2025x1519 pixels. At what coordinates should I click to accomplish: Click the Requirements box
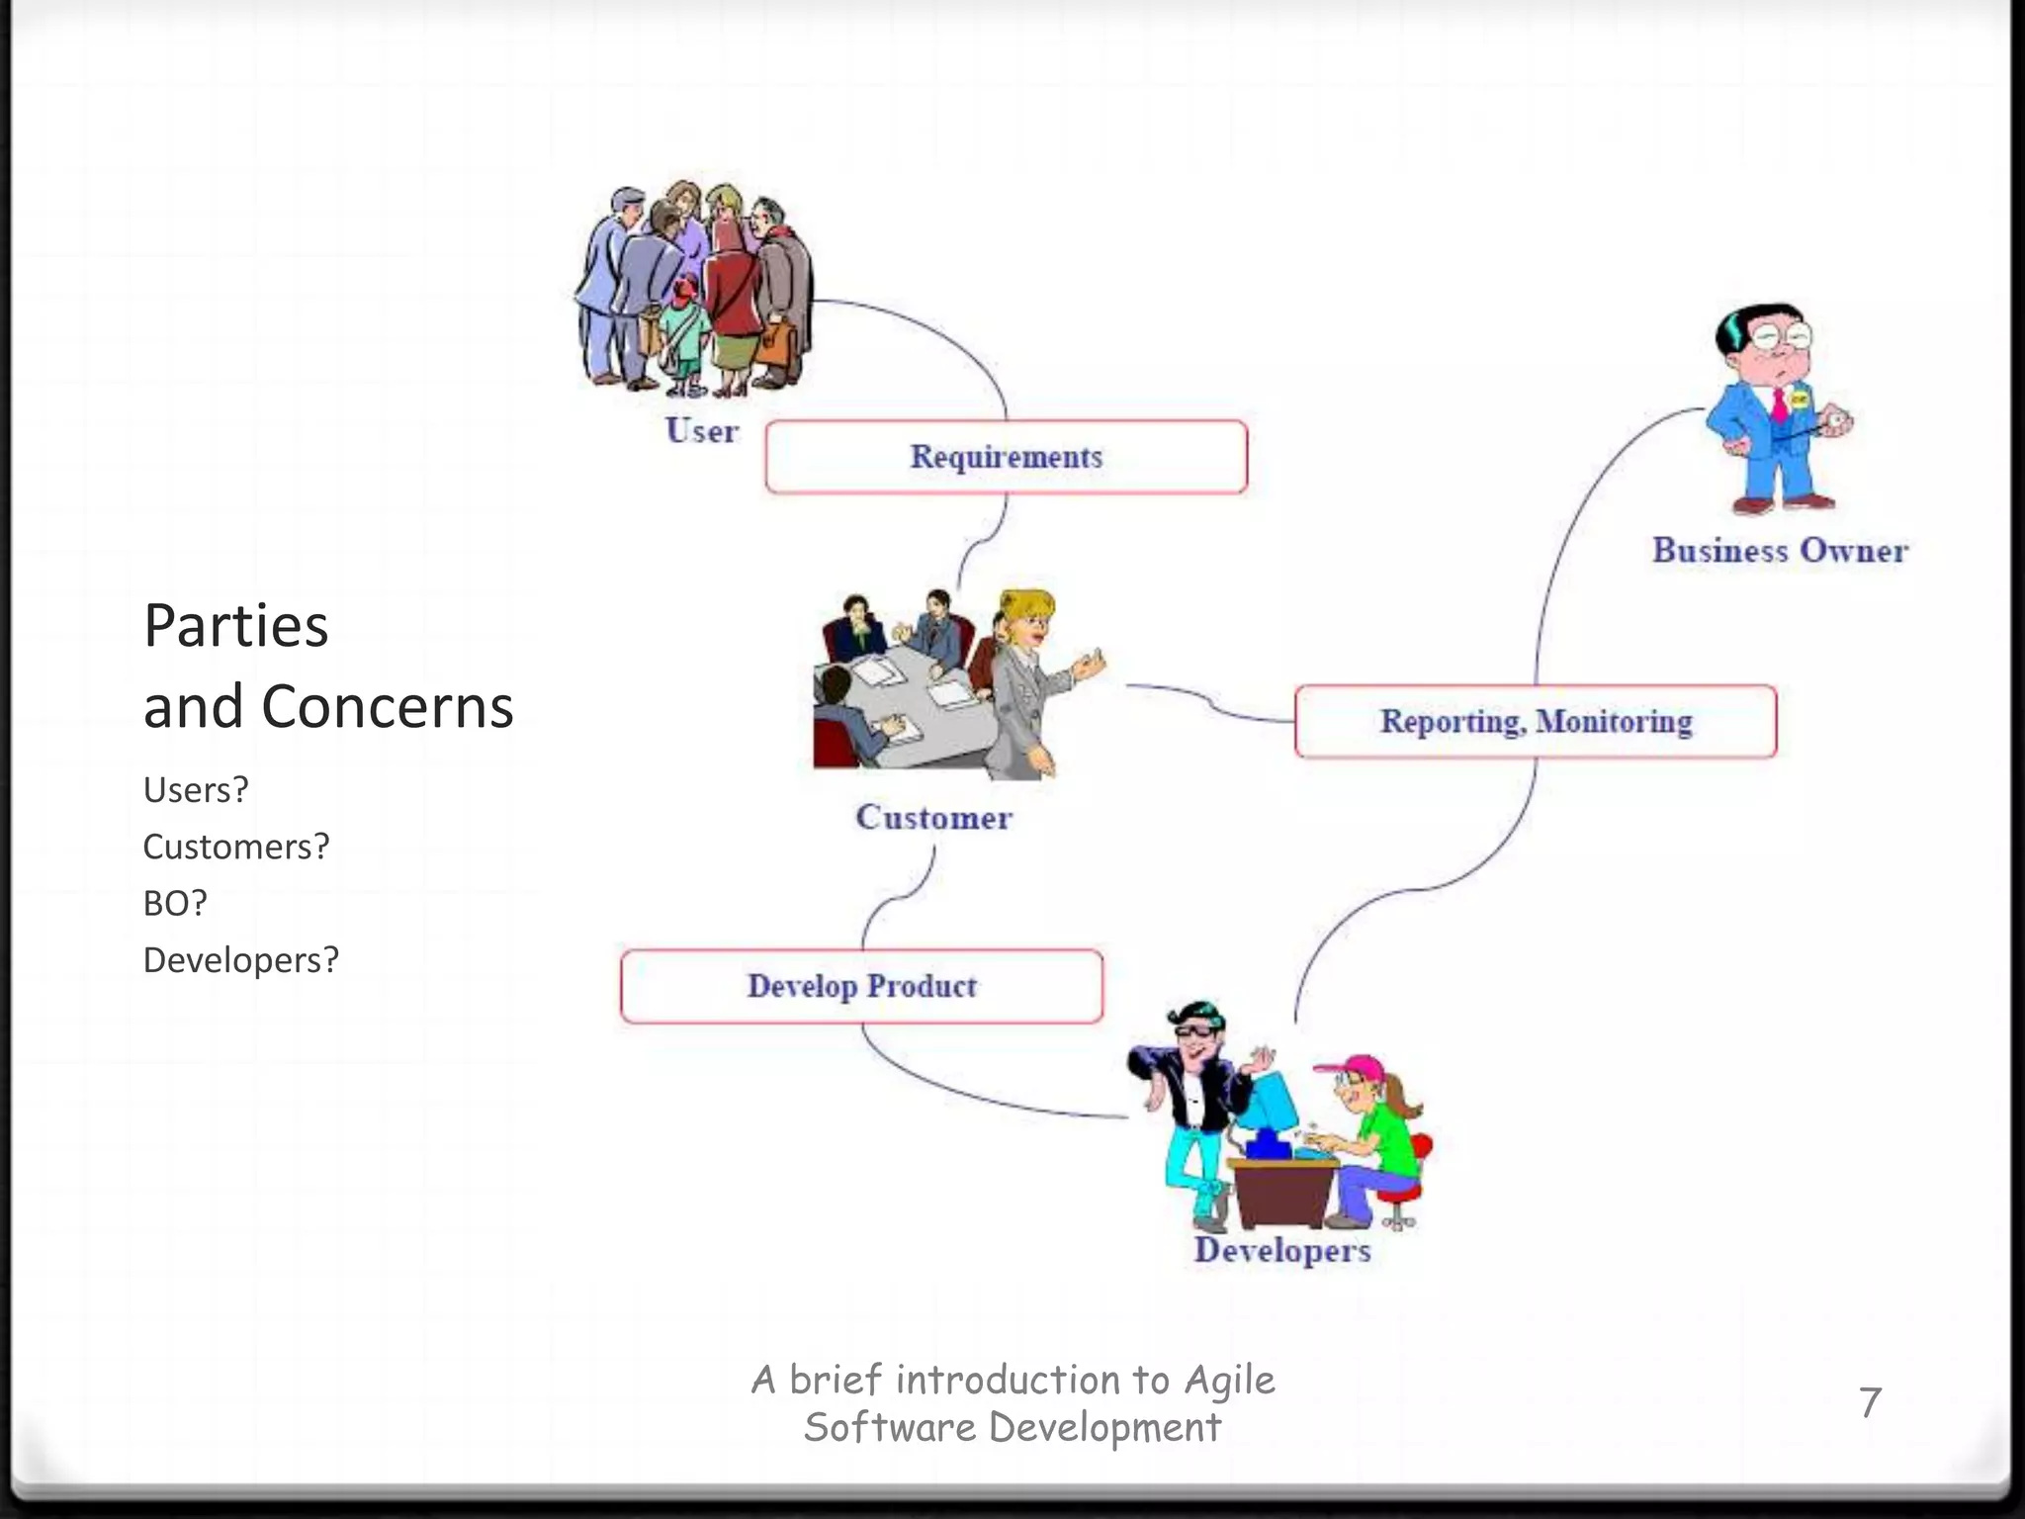(x=1006, y=457)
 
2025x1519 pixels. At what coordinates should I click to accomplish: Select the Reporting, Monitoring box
(x=1535, y=722)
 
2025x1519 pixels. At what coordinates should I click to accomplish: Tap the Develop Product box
(x=861, y=986)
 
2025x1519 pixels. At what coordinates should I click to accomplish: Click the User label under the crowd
(x=701, y=431)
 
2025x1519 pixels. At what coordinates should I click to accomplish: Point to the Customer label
(x=933, y=818)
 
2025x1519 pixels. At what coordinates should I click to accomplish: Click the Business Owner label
(x=1780, y=551)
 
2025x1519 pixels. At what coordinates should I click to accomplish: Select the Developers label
(x=1282, y=1250)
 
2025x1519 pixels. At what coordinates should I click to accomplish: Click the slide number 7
(x=1870, y=1402)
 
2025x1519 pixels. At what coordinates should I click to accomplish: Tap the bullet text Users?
(x=196, y=790)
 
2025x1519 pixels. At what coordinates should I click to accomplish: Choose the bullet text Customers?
(x=236, y=847)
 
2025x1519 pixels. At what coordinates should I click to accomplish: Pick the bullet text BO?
(x=175, y=903)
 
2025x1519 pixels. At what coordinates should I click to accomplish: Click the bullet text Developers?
(x=241, y=960)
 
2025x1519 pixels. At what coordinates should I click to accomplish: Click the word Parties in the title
(x=235, y=626)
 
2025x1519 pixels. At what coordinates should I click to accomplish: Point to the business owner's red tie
(x=1779, y=405)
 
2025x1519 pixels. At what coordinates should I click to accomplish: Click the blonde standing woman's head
(x=1028, y=618)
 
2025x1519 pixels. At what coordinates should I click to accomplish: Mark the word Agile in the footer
(x=1229, y=1381)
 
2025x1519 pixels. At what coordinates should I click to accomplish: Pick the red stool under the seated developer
(x=1404, y=1187)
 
